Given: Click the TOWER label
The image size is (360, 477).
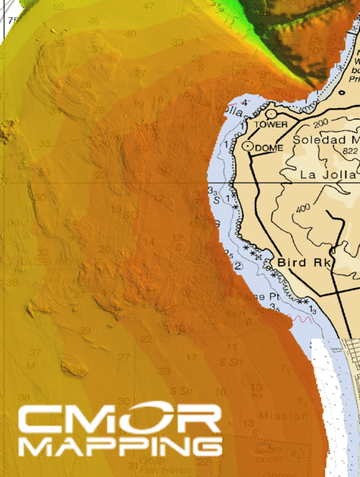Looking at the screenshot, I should click(271, 125).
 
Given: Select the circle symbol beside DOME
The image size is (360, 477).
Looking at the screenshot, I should click(248, 146).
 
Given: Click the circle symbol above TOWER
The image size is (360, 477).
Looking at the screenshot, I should click(271, 113).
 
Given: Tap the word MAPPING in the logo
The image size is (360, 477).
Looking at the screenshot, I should click(119, 447).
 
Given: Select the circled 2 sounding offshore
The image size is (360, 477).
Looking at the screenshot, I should click(238, 267).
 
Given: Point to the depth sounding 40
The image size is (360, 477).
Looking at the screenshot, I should click(130, 34).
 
